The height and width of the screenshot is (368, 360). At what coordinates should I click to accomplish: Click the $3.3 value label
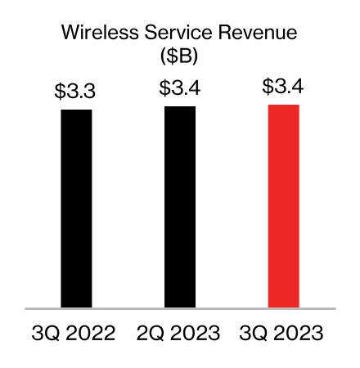[75, 92]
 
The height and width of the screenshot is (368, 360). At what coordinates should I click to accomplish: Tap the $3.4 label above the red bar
[283, 87]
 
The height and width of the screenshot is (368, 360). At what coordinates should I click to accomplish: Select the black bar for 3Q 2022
[76, 209]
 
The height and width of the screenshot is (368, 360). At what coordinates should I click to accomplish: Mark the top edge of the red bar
[283, 105]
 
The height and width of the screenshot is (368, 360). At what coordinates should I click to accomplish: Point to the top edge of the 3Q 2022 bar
[76, 110]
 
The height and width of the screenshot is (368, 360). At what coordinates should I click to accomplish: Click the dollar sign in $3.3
[61, 92]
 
